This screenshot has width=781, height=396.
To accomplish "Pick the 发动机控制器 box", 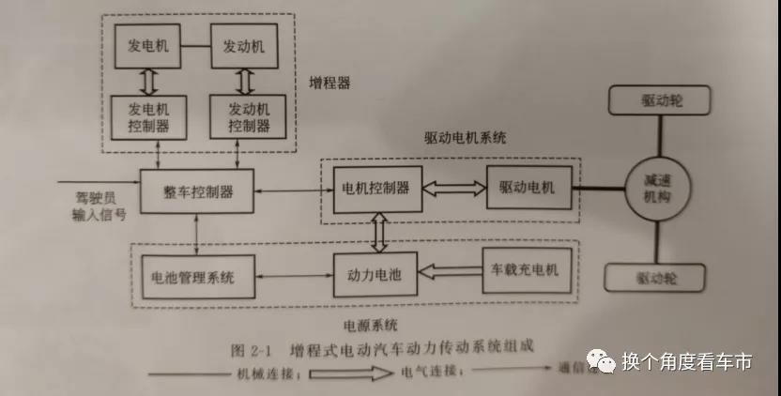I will click(247, 116).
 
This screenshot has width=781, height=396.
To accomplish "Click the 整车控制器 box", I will click(196, 191).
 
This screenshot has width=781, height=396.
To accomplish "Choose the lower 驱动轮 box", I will click(656, 278).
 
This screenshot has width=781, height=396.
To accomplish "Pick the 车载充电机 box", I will click(525, 270).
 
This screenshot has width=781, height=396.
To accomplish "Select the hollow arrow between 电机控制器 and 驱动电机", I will click(453, 189).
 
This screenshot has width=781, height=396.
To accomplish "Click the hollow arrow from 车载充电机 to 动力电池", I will click(449, 273).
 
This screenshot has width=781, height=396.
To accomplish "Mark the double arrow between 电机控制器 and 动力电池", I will click(378, 231).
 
